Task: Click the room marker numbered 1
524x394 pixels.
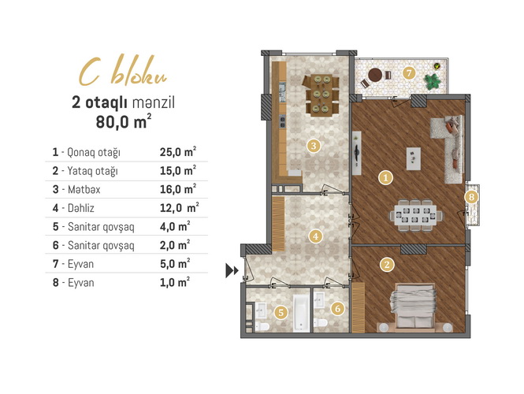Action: [385, 178]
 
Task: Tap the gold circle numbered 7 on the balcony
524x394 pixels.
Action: [409, 73]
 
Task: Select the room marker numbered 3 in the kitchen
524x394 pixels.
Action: [313, 146]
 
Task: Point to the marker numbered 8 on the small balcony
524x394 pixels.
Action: [471, 197]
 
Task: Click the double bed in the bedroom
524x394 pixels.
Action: [413, 306]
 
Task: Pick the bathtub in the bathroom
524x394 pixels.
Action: [301, 313]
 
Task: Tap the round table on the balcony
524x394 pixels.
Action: [375, 75]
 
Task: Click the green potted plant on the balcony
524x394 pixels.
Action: [432, 82]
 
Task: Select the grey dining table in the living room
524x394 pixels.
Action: [415, 215]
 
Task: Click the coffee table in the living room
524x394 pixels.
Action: [414, 159]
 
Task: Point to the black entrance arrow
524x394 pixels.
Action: [232, 270]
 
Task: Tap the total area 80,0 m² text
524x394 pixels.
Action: [123, 122]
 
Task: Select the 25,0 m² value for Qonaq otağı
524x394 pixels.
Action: [177, 152]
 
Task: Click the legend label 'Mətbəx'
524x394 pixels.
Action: [84, 189]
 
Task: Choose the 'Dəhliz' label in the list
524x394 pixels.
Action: [81, 208]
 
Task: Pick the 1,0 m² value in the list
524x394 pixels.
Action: [174, 282]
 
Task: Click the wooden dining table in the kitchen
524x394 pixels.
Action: [321, 95]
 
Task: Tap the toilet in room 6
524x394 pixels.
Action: [321, 323]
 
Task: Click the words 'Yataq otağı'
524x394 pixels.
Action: [92, 171]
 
